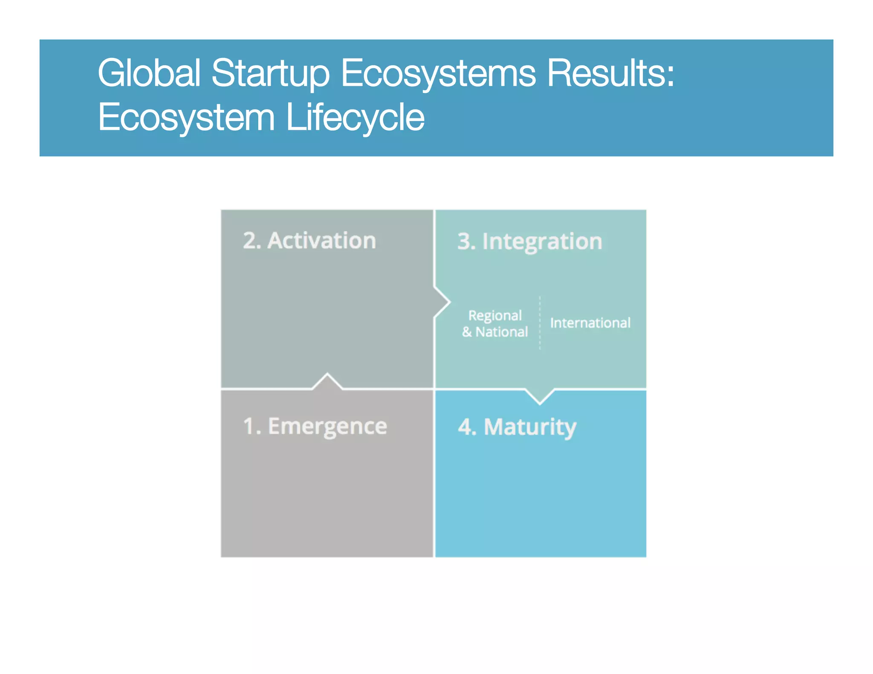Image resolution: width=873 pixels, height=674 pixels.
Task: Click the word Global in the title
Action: click(x=149, y=73)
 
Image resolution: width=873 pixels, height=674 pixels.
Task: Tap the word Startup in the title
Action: click(x=270, y=73)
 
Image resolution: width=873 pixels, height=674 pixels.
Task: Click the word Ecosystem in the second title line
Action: click(x=186, y=117)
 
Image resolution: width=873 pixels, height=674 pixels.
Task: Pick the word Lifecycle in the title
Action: click(x=355, y=117)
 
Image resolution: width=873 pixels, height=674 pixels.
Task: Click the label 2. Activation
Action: click(x=309, y=241)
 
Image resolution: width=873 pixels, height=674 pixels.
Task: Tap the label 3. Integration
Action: click(x=529, y=242)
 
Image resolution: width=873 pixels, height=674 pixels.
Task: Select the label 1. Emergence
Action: click(x=315, y=426)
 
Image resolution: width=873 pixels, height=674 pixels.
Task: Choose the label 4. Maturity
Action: click(x=517, y=427)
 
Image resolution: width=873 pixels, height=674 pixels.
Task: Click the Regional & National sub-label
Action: click(x=495, y=323)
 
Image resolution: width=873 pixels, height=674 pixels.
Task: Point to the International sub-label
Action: click(x=590, y=323)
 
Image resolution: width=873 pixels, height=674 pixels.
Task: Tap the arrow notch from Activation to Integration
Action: click(x=442, y=302)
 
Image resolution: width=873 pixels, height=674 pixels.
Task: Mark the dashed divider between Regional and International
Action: click(x=540, y=323)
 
